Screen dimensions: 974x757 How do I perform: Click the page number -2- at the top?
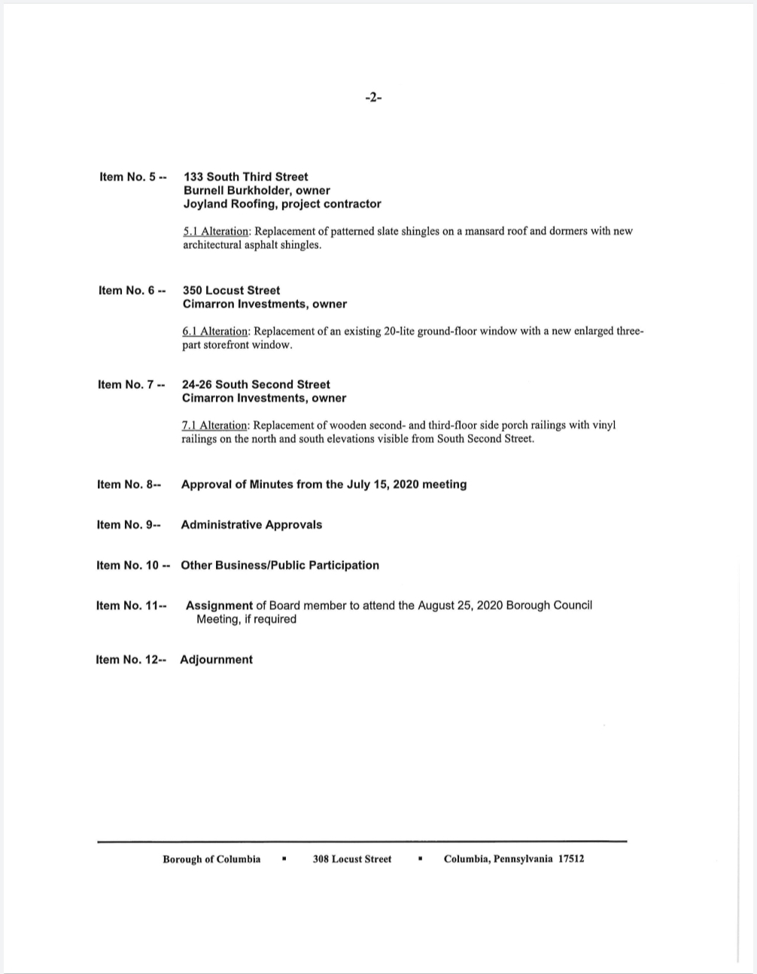(x=373, y=97)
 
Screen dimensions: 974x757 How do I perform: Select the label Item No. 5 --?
(x=132, y=177)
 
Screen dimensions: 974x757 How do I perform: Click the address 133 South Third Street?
(x=245, y=177)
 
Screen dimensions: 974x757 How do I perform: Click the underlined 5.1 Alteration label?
(x=215, y=231)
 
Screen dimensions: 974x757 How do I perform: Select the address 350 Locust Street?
(x=231, y=290)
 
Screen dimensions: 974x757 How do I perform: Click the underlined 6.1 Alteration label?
(x=215, y=331)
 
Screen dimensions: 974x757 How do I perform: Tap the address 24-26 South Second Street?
(x=256, y=384)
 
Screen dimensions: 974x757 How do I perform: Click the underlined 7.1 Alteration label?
(x=214, y=425)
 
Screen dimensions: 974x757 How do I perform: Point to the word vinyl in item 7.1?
(x=603, y=425)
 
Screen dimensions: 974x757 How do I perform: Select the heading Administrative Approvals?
(x=251, y=525)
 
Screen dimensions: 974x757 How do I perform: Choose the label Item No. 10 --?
(x=132, y=566)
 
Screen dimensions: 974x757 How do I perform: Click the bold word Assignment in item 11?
(x=219, y=605)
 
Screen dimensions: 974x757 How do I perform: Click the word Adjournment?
(x=216, y=660)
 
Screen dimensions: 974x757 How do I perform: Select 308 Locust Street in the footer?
(x=352, y=859)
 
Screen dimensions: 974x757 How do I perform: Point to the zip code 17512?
(x=571, y=859)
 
